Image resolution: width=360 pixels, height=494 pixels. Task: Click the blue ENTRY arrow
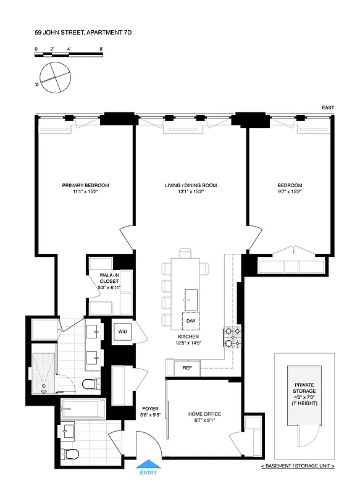(x=148, y=464)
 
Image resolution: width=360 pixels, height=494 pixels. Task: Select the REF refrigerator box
(x=186, y=368)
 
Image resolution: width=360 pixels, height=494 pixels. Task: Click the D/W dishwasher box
(x=190, y=320)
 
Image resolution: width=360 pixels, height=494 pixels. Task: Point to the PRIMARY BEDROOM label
(x=85, y=185)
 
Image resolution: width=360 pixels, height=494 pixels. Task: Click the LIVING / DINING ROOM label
(x=190, y=185)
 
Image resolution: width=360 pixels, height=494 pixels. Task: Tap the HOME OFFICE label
(x=204, y=414)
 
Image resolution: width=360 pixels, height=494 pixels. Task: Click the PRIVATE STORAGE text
(x=304, y=388)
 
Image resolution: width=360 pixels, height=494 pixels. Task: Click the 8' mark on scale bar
(x=101, y=48)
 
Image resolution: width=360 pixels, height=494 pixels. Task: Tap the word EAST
(x=328, y=108)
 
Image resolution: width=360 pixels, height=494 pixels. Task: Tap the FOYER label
(x=150, y=409)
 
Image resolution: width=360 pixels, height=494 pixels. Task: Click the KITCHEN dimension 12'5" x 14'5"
(x=190, y=343)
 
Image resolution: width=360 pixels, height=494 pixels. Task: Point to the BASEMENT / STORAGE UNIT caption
(x=298, y=465)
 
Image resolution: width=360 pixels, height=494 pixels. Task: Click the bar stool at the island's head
(x=186, y=253)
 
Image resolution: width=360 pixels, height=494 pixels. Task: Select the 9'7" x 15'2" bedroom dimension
(x=290, y=192)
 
